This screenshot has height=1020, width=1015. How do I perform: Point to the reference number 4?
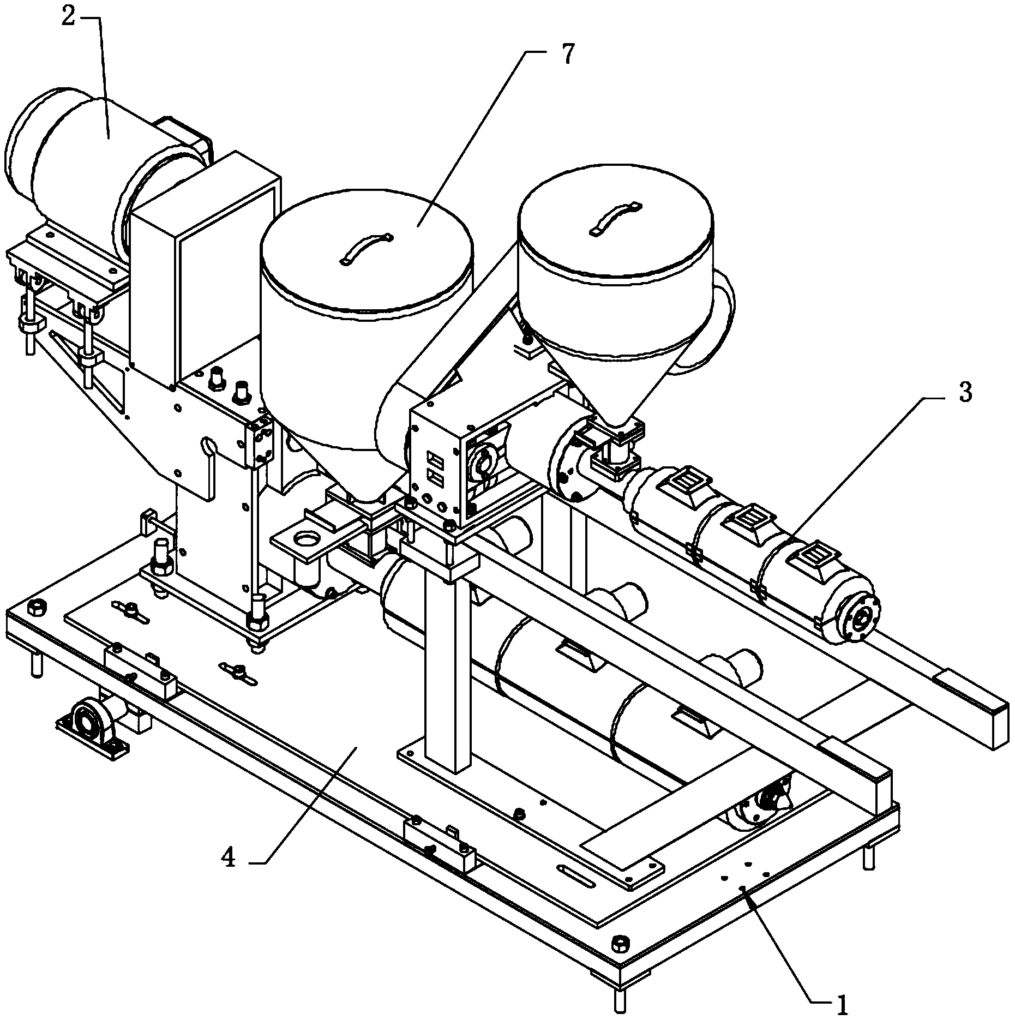[229, 859]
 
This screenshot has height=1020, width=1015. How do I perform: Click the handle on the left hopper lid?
[366, 247]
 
